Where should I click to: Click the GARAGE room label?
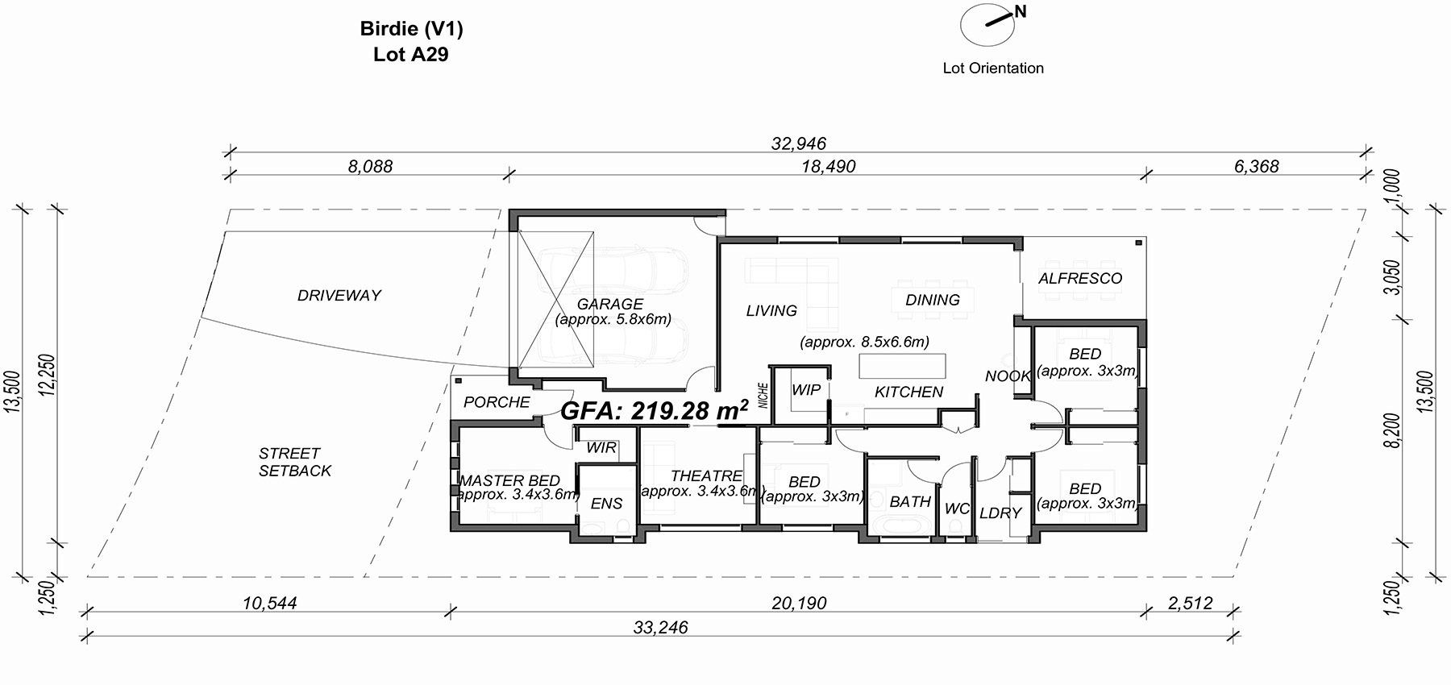[x=610, y=304]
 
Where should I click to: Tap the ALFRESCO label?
[x=1080, y=278]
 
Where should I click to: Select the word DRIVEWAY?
[x=339, y=295]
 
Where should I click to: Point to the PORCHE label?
[x=497, y=401]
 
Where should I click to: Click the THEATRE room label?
[x=706, y=475]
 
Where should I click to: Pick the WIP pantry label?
[x=806, y=389]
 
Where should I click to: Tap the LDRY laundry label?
[x=1000, y=513]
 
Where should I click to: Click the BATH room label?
[x=910, y=501]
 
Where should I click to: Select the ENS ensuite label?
[x=606, y=504]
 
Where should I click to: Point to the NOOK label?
[x=1008, y=376]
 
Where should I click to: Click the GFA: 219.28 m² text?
[x=655, y=410]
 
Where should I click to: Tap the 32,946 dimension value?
[x=799, y=143]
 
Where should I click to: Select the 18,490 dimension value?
[x=829, y=167]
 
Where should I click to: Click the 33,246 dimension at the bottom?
[x=661, y=627]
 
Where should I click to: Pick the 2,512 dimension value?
[x=1189, y=603]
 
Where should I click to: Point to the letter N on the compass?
[x=1021, y=11]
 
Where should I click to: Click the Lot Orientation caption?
[x=993, y=68]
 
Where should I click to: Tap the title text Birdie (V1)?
[x=411, y=29]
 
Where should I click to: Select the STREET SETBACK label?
[x=295, y=462]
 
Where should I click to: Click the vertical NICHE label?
[x=763, y=395]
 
